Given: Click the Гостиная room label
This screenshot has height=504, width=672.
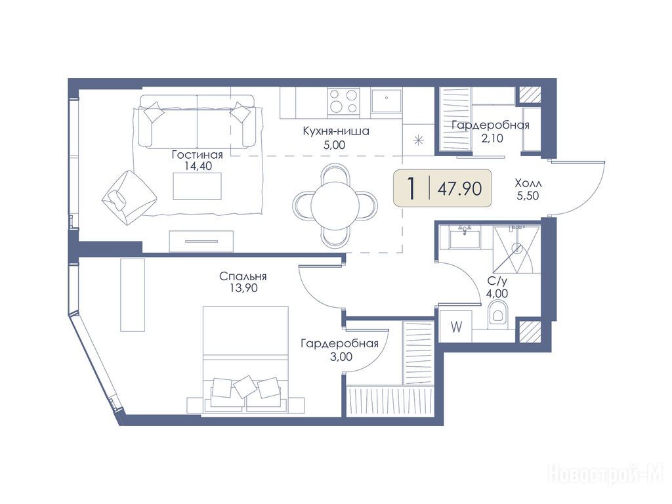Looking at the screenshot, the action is pyautogui.click(x=197, y=154).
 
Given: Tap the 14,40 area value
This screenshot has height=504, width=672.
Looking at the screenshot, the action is pyautogui.click(x=198, y=166).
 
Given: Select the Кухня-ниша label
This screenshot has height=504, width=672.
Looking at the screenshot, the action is pyautogui.click(x=336, y=131).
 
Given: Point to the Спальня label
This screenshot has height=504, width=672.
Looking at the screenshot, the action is pyautogui.click(x=243, y=276).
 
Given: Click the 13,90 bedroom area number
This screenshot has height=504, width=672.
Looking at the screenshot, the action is pyautogui.click(x=243, y=288).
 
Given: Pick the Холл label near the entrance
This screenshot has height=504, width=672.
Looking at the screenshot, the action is pyautogui.click(x=528, y=184).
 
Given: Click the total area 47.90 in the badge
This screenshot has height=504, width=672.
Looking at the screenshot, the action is pyautogui.click(x=459, y=188).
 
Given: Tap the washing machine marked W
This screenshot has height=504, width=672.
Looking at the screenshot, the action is pyautogui.click(x=456, y=327).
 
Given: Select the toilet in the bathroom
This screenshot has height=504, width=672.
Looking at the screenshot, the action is pyautogui.click(x=497, y=312).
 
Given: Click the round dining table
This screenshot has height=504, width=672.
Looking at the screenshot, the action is pyautogui.click(x=335, y=205).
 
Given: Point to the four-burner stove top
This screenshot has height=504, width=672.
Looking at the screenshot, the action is pyautogui.click(x=343, y=102).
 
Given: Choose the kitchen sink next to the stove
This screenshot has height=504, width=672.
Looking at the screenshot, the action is pyautogui.click(x=387, y=101).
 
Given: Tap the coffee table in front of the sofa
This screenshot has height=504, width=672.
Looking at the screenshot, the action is pyautogui.click(x=197, y=186).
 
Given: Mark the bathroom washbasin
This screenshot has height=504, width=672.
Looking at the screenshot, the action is pyautogui.click(x=465, y=237).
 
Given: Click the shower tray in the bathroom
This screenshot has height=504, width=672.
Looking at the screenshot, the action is pyautogui.click(x=516, y=249).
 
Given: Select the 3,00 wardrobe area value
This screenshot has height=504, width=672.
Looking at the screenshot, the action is pyautogui.click(x=341, y=356).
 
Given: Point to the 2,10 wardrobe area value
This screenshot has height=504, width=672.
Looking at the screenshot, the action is pyautogui.click(x=492, y=138).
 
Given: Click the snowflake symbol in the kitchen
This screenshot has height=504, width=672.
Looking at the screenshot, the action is pyautogui.click(x=418, y=140).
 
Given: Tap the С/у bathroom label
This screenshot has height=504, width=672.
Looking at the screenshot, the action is pyautogui.click(x=497, y=282).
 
